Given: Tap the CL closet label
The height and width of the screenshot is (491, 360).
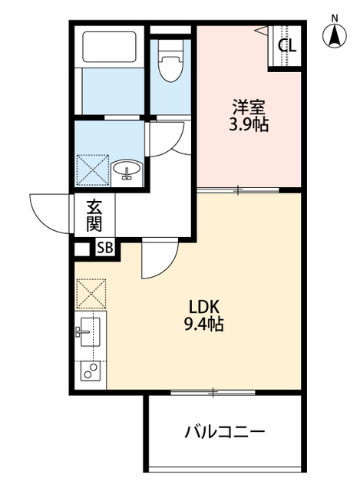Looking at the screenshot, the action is pos(287,46).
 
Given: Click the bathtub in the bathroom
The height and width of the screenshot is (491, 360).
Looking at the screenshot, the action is pos(109,46).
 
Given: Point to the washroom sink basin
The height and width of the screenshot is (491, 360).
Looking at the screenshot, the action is pos(127,170).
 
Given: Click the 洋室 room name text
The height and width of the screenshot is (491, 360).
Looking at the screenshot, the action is pos(249,107).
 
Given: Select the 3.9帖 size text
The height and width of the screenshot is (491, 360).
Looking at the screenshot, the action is pos(249,124).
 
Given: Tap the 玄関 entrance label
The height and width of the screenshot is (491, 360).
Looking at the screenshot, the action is pos(94,215).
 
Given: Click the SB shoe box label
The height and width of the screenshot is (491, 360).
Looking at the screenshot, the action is pos(105,248).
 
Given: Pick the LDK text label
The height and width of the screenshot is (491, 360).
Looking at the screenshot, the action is pos(203,308).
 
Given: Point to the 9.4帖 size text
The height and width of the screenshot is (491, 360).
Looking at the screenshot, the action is pos(203,325).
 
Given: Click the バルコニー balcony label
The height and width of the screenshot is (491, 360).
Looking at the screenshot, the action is pos(225,433).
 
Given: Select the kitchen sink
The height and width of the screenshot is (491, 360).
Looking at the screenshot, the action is pos(90,332).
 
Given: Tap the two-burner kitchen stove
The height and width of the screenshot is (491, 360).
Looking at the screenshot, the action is pos(91,371).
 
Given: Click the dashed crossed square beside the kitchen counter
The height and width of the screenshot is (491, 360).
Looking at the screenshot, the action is pos(91,294).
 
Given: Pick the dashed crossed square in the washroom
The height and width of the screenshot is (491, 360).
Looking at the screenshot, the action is pos(93,170).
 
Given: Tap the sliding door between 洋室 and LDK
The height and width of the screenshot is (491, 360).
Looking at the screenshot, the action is pos(238,189).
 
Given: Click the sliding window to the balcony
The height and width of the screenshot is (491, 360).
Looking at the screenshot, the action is pos(213,392).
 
